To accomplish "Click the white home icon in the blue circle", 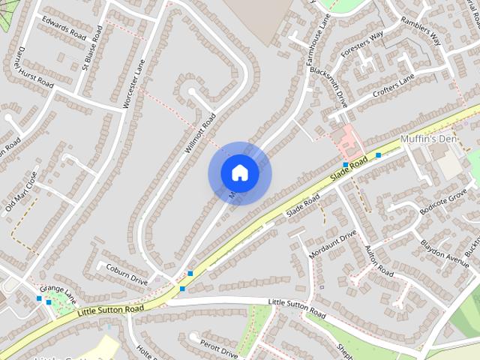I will tap(239, 173).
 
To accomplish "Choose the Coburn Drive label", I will tap(127, 272).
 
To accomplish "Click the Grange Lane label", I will tap(58, 290).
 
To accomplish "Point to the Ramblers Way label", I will tap(419, 33).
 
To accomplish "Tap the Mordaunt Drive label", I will tap(332, 244).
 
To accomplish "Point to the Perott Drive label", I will tap(219, 348).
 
